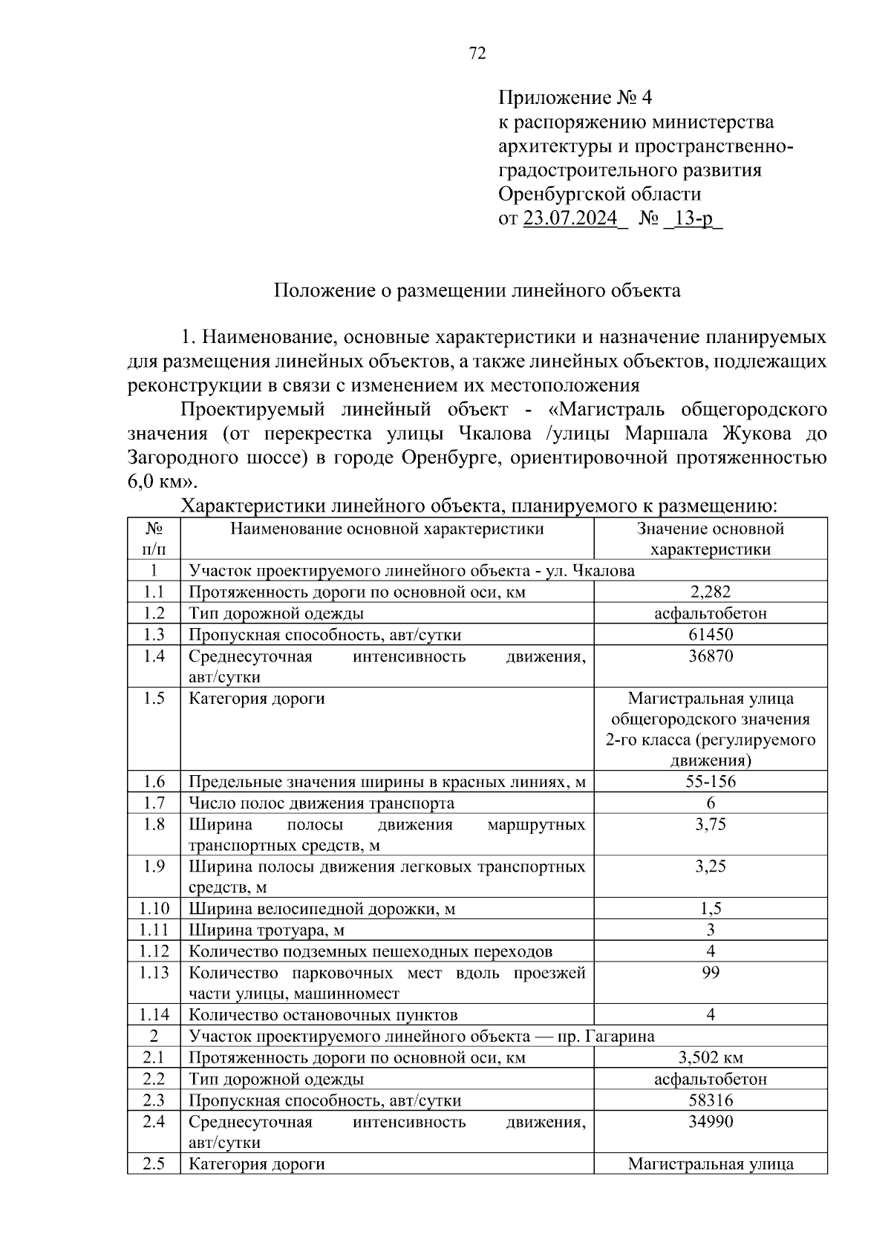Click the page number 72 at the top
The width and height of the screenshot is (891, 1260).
click(477, 53)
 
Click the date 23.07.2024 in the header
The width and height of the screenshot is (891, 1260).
click(570, 218)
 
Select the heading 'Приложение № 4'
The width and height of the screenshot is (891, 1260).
click(575, 97)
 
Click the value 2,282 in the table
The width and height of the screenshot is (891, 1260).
click(710, 591)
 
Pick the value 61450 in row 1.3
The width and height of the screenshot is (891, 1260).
click(710, 634)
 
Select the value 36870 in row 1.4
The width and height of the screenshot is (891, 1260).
click(710, 656)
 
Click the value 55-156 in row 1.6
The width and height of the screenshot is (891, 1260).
click(710, 781)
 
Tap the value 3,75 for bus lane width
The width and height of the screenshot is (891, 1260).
click(710, 824)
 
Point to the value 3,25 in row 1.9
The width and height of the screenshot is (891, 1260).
click(710, 866)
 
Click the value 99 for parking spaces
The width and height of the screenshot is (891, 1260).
click(710, 973)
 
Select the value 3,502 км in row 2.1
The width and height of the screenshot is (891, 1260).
click(710, 1057)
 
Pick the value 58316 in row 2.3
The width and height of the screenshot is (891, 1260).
click(710, 1100)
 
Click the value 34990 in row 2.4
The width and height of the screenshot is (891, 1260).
click(710, 1121)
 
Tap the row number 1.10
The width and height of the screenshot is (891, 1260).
click(154, 908)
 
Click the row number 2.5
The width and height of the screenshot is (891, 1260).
click(154, 1163)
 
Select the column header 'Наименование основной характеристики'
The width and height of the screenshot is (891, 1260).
click(387, 529)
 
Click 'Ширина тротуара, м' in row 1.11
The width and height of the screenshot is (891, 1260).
click(267, 930)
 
